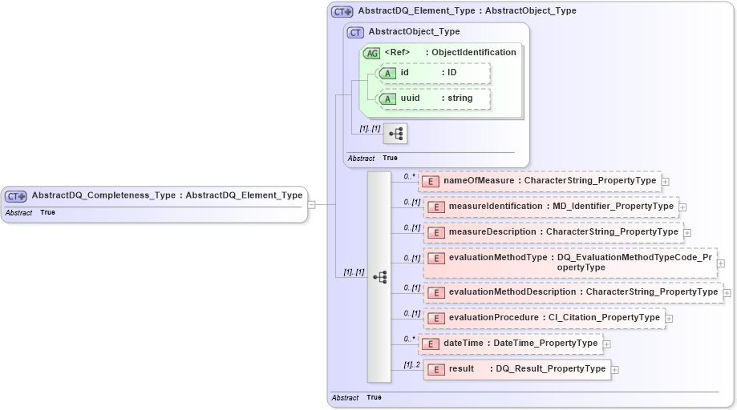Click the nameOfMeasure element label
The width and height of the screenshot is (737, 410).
point(480,181)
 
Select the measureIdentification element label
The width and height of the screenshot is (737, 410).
point(494,207)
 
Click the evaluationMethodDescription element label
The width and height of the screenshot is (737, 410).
point(514,292)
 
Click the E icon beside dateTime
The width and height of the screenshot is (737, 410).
point(430,344)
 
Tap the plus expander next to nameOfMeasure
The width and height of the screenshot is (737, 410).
point(666,182)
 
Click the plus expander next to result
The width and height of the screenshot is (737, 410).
point(616,369)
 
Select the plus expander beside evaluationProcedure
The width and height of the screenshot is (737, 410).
point(670,319)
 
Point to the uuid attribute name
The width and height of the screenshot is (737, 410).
point(411,98)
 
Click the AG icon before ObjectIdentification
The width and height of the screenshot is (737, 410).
point(372,53)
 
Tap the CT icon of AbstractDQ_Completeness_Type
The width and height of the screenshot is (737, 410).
point(16,195)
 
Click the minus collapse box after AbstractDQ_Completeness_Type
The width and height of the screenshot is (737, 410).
point(312,204)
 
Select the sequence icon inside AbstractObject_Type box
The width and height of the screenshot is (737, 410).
point(395,134)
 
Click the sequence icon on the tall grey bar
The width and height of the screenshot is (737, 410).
point(379,276)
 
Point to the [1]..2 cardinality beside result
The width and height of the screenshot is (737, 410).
point(411,365)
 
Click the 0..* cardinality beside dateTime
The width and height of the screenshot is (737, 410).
point(409,340)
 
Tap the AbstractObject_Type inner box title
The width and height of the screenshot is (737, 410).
point(414,32)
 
